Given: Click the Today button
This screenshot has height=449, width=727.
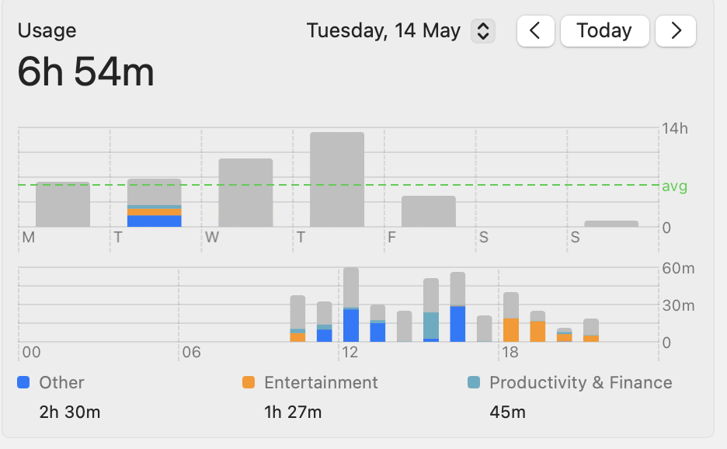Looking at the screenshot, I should pos(604,31).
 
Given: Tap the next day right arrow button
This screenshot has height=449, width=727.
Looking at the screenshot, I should pos(676,31).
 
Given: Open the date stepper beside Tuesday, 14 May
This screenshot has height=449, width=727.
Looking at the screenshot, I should pos(483,31).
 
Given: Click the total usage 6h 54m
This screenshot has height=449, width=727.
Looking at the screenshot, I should pos(86,73).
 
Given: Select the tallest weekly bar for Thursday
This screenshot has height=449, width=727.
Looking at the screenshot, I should pos(337,179).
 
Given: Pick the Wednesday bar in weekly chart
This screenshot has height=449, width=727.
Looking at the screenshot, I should pos(245,193).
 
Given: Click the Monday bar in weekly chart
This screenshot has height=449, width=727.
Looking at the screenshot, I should pos(63,204).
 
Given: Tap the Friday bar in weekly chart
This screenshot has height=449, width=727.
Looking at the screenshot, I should pos(429,211).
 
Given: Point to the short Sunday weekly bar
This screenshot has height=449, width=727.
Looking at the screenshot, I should pos(611,224).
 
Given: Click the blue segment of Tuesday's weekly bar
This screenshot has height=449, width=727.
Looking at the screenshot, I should pos(154,221).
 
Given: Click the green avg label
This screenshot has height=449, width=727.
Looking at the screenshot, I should pos(674,186).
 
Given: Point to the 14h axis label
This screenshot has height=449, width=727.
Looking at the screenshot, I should pos(674,129).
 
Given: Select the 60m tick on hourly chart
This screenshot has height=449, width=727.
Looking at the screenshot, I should pos(677,269).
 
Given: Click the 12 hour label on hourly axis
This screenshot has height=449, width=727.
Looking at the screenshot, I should pos(349,353).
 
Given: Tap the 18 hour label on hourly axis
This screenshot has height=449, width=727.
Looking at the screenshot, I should pos(510,353).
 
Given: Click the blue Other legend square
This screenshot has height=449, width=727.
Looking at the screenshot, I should pos(23,382).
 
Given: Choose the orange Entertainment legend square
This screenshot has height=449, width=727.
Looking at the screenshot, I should pos(249,382).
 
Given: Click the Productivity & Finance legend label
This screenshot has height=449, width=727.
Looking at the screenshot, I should pos(580,382).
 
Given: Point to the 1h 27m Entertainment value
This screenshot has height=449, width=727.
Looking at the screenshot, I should pos(292,412).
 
